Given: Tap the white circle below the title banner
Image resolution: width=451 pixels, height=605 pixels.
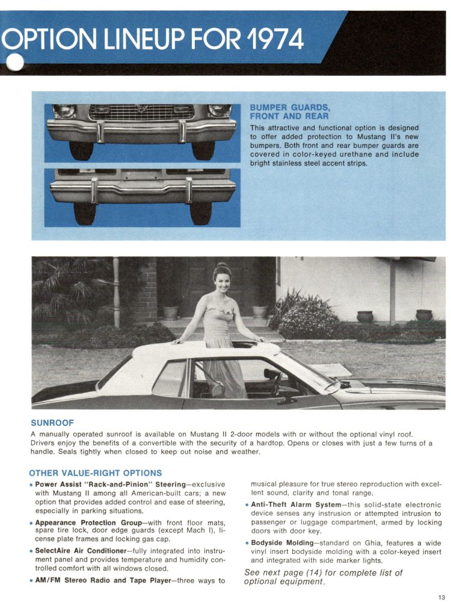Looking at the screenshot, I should pos(14,63).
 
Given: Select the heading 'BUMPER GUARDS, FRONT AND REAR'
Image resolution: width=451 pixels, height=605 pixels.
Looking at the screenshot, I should pos(289,112).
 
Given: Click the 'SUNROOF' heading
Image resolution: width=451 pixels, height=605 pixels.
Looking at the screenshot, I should pos(52,423).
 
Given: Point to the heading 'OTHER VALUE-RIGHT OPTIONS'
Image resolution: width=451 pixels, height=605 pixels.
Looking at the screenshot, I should pos(95,473).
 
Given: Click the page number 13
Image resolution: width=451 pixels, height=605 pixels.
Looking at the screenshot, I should pos(441,597).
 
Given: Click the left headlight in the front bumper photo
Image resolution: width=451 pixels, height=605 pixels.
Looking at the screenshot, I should pos(64,111).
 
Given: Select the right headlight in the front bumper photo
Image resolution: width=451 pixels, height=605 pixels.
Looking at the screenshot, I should pos(219,111).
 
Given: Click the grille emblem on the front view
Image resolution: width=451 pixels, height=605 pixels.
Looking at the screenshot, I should pos(141,109).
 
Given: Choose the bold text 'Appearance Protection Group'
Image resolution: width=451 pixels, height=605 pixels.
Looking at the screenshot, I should pos(88,523).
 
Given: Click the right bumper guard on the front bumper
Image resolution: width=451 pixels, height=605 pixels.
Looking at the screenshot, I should pos(181,131).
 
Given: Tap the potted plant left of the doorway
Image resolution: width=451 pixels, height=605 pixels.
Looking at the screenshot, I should pos(171,311).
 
